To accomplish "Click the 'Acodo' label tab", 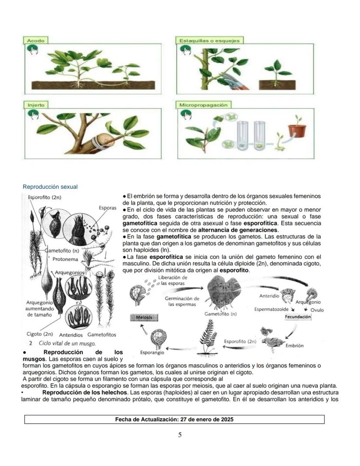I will [35, 40].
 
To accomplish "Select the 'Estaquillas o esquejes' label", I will [210, 40].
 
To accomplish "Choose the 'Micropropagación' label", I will [203, 105].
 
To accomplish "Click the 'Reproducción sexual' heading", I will [50, 187].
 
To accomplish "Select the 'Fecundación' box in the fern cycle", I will [298, 317].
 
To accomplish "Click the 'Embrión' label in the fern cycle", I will [294, 345].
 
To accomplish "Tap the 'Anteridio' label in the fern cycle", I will [269, 295].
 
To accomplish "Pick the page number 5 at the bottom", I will [180, 435].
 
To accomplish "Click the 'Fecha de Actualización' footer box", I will [174, 419].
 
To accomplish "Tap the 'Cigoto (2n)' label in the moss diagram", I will [40, 334].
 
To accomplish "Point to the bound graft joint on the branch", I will [105, 141].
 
